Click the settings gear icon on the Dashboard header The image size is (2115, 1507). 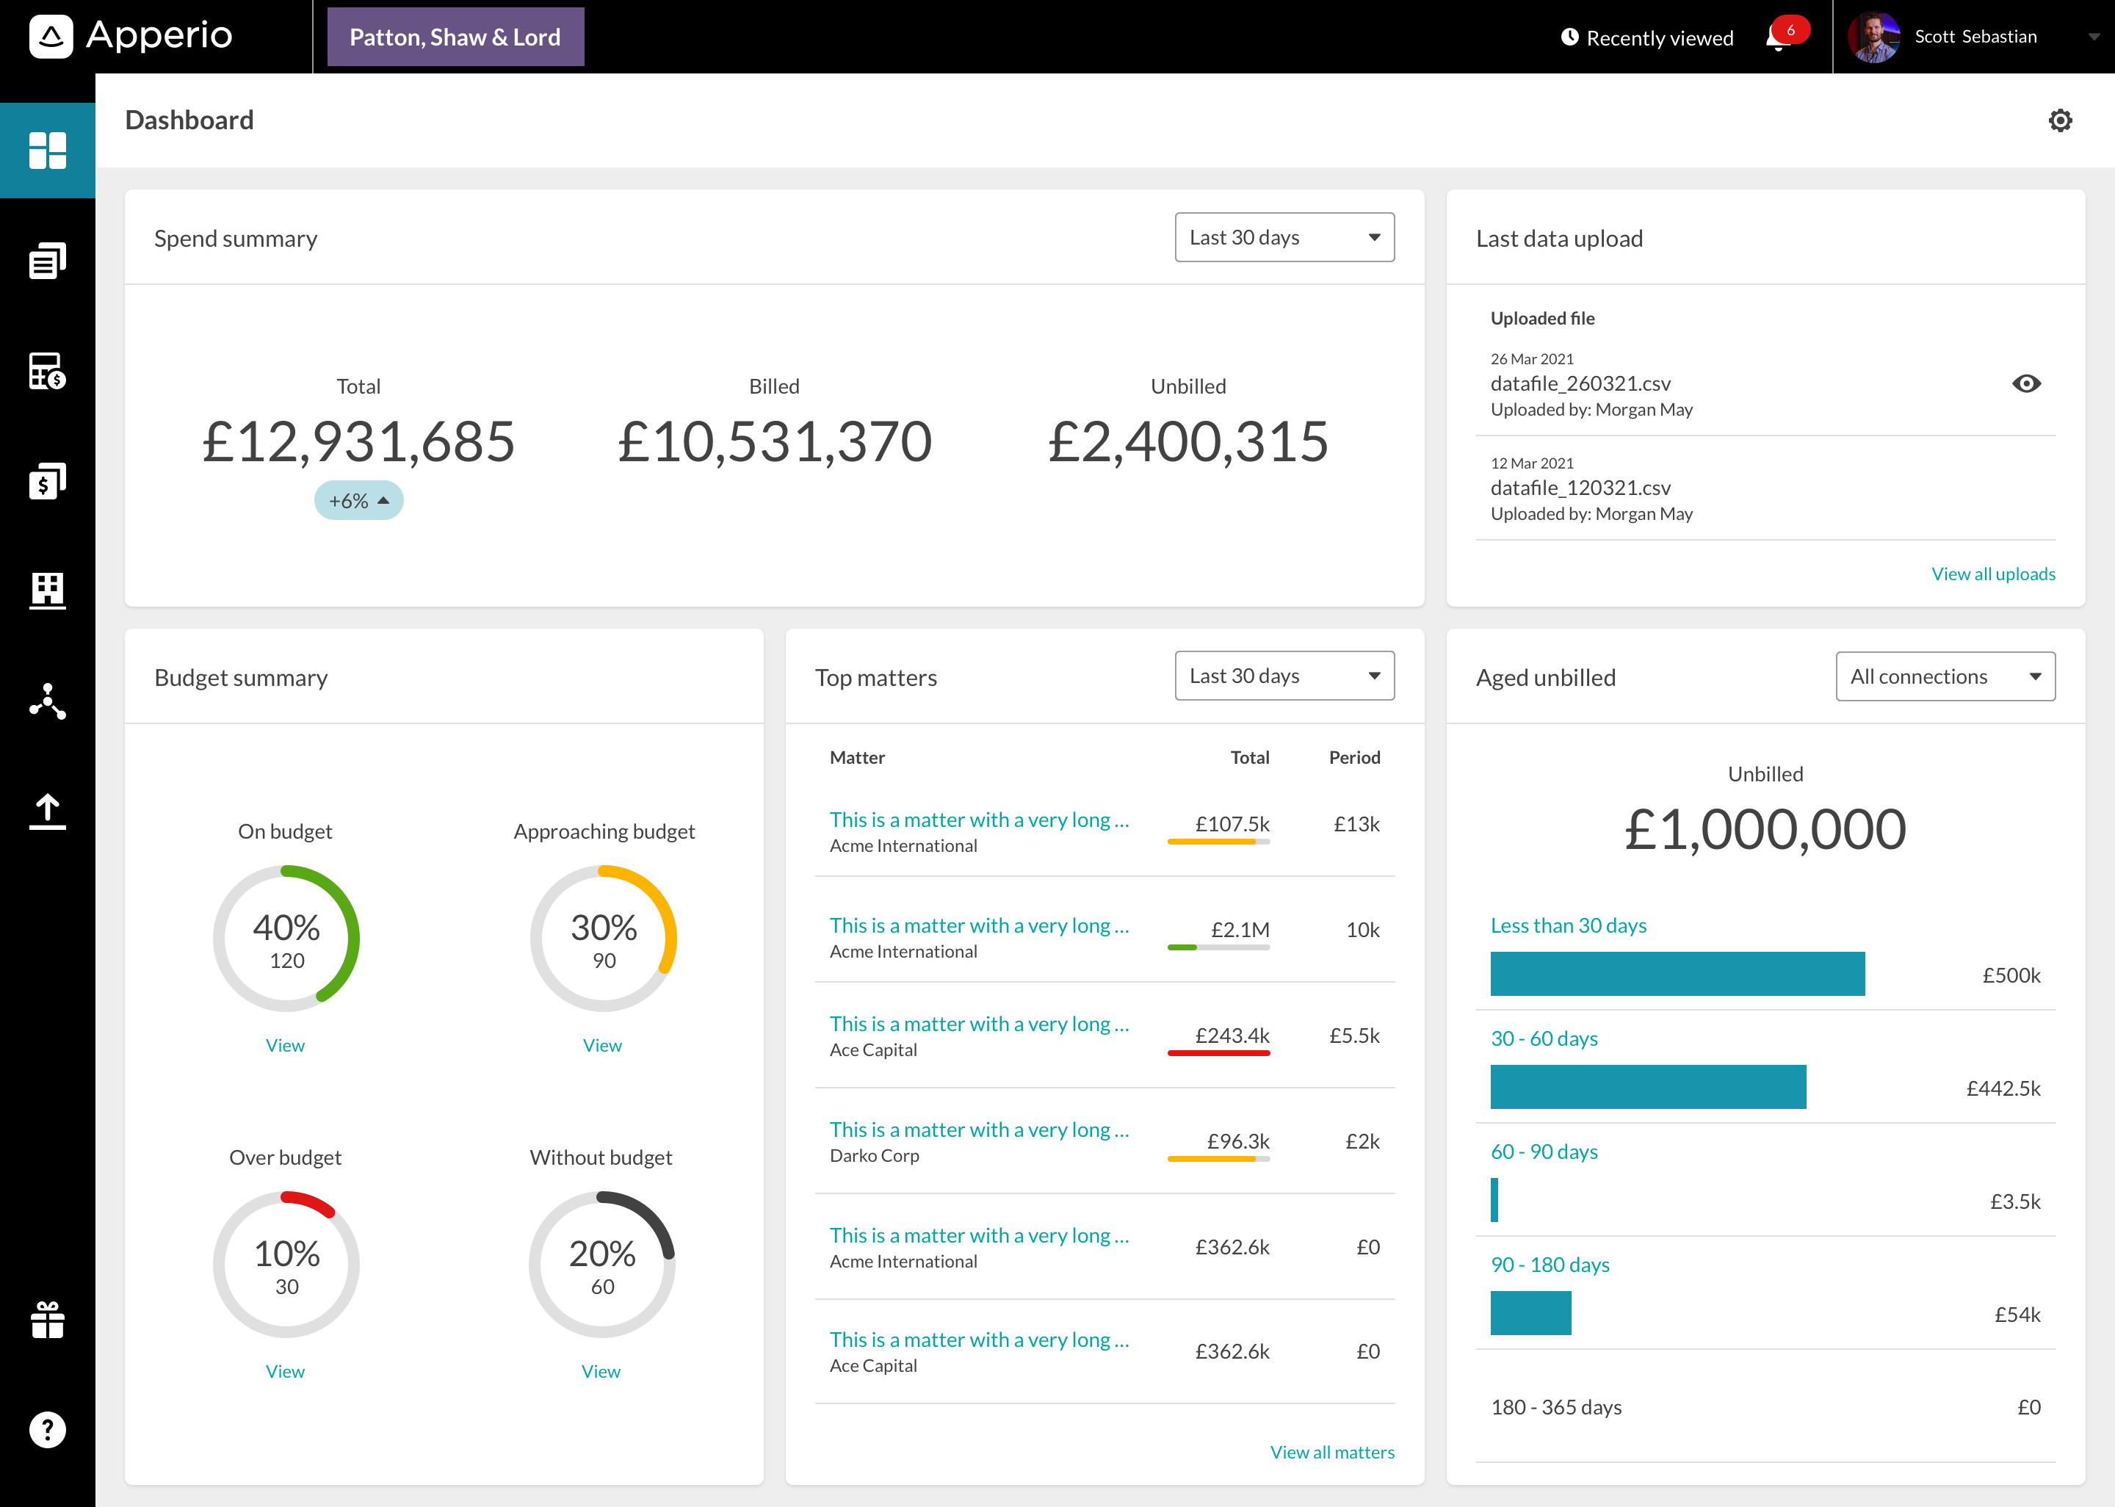pos(2059,120)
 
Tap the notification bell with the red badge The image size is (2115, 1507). pos(1778,38)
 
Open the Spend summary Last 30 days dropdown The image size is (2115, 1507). pos(1284,237)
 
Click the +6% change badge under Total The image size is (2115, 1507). pos(358,501)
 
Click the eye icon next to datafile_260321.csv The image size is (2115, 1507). pos(2026,383)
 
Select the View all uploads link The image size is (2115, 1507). pos(1992,574)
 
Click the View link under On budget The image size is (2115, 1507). pos(285,1045)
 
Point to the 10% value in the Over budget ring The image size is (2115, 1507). pos(286,1254)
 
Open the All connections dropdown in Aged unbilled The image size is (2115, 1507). pos(1945,676)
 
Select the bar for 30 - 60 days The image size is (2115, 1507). pos(1647,1087)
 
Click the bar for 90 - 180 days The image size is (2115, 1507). pos(1530,1313)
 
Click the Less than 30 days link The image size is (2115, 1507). pos(1568,925)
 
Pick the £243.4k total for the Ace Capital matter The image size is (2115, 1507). pos(1232,1035)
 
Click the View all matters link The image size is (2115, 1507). pos(1331,1451)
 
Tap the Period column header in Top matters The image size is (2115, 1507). pos(1353,757)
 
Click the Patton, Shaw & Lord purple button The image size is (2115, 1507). pos(455,37)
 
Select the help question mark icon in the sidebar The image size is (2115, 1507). pos(47,1429)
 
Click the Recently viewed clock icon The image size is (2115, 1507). pos(1569,37)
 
